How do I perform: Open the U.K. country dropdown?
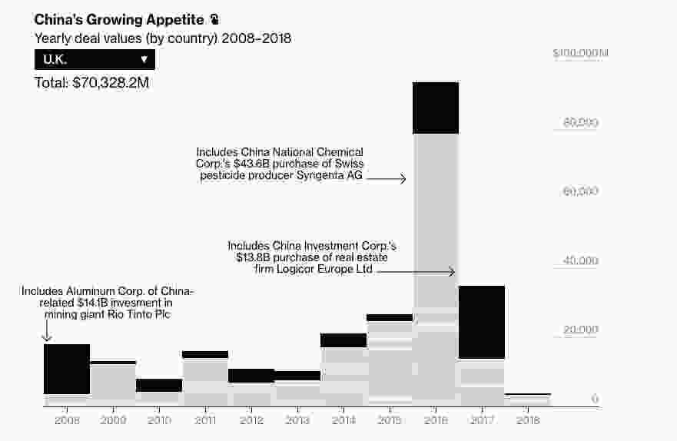coord(95,59)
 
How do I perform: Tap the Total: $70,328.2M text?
coord(91,82)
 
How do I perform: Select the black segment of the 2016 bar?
coord(435,108)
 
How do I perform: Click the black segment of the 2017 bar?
coord(481,322)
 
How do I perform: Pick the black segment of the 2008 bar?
coord(67,369)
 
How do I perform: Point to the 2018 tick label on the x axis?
coord(527,422)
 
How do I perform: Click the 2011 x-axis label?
coord(205,422)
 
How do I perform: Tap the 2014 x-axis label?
coord(343,422)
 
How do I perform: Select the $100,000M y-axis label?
coord(581,53)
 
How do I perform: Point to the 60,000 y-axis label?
coord(580,191)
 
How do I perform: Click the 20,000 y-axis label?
coord(580,330)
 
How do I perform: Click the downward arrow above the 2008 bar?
coord(46,330)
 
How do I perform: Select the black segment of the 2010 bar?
coord(159,385)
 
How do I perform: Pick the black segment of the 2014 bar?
coord(343,340)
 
